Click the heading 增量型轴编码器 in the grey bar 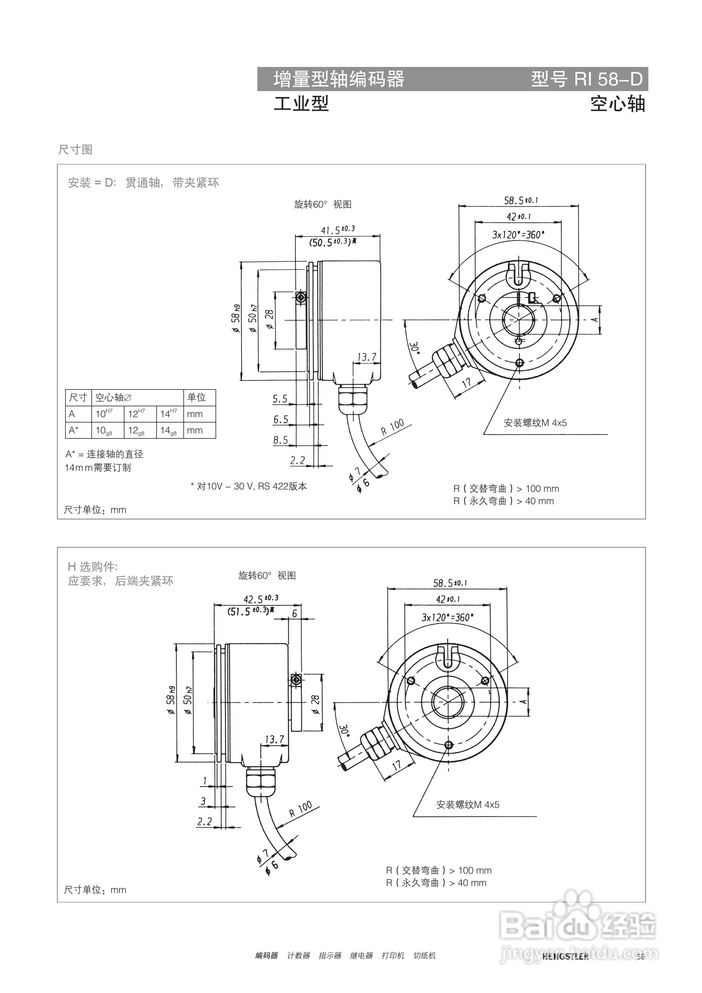coord(339,79)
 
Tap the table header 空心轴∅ coord(113,397)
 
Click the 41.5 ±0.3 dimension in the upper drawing coord(337,229)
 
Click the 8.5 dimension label coord(280,440)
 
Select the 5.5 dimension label coord(280,399)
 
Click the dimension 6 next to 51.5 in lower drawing coord(295,613)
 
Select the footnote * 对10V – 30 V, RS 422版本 coord(249,486)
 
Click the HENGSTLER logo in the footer coord(565,956)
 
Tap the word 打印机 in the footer coord(392,955)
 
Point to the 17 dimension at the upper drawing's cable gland coord(466,382)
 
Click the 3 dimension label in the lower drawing coord(203,801)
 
